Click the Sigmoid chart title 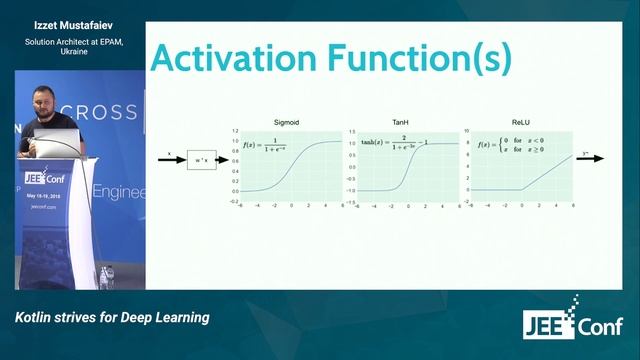click(287, 122)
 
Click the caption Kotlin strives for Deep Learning click(112, 317)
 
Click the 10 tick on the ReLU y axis click(465, 130)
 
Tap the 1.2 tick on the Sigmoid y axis click(235, 130)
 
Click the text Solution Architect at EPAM click(68, 41)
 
